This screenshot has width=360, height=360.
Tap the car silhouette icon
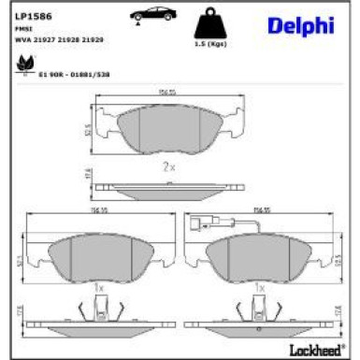153,14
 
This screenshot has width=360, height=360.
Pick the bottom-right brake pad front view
259,255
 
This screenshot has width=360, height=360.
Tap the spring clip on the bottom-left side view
97,307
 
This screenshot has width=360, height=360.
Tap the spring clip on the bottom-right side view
259,307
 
